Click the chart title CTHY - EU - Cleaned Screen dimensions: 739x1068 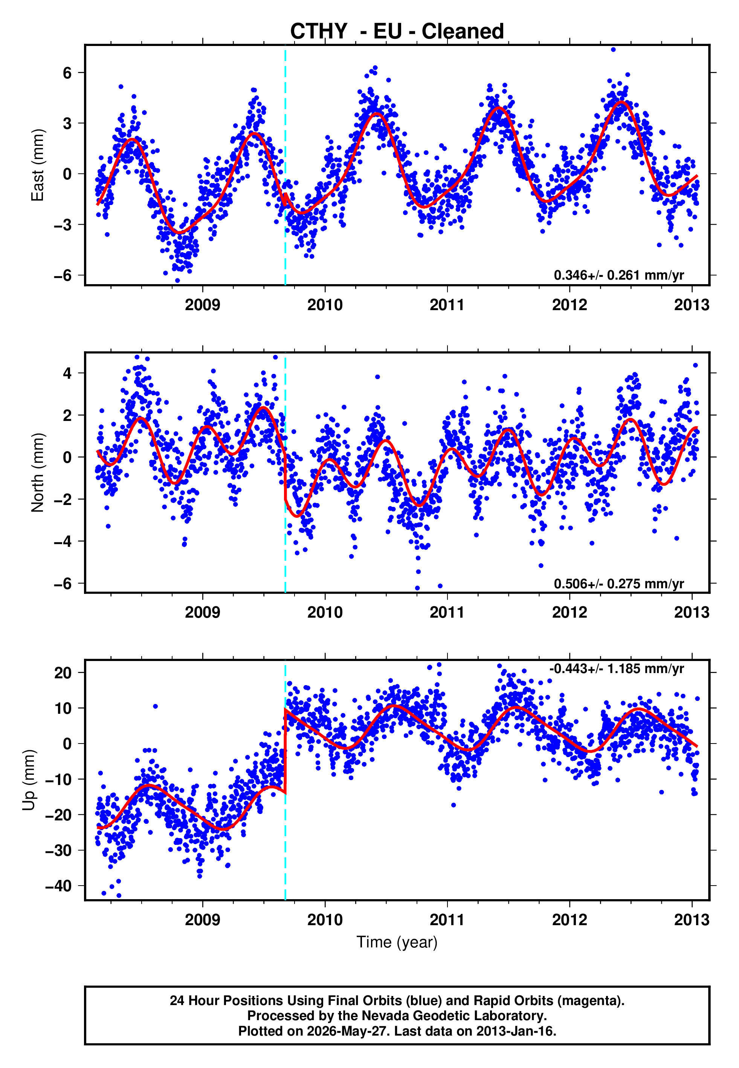(397, 32)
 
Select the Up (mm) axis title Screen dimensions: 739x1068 (29, 780)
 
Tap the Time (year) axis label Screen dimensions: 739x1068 (397, 943)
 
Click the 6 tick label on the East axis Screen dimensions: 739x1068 (67, 73)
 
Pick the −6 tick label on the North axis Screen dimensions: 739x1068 (63, 583)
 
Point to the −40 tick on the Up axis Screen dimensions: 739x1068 (59, 886)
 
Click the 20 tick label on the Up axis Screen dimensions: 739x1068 (63, 672)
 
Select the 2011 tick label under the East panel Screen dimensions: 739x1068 (447, 305)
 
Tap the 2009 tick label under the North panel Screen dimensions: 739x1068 (202, 612)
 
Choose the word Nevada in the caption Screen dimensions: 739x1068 (382, 1016)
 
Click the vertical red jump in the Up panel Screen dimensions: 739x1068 (285, 752)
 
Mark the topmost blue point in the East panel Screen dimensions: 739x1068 (613, 49)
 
